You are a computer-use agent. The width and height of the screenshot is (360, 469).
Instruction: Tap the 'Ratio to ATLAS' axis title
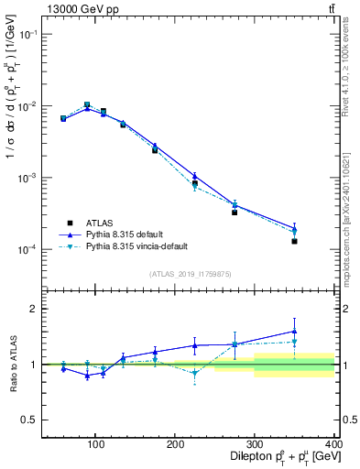[x=12, y=364]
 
